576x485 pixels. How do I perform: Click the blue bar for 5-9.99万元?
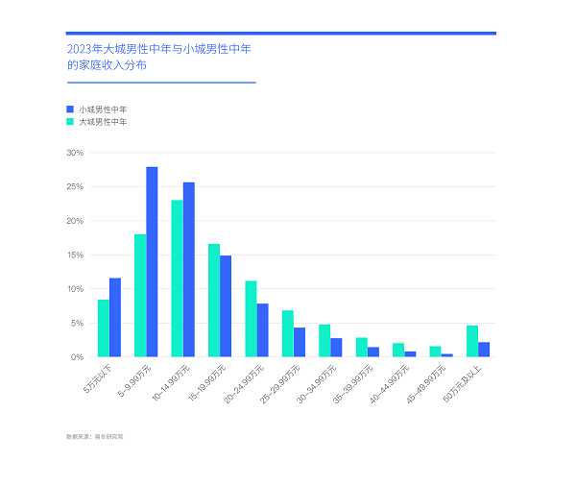tap(152, 262)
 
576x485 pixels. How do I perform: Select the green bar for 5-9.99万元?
tap(140, 296)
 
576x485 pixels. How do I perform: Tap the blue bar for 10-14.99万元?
tap(189, 270)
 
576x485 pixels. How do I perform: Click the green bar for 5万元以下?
tap(104, 328)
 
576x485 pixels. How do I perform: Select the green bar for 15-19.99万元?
tap(214, 301)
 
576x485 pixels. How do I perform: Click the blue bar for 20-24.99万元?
tap(262, 330)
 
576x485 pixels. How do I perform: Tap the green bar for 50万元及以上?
tap(471, 341)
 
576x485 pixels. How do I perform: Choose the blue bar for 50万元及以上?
tap(484, 350)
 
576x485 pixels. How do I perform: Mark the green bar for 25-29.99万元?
tap(287, 333)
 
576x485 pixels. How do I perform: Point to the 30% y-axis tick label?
tap(75, 153)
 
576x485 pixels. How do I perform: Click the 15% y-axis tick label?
tap(75, 255)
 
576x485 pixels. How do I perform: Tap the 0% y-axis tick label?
tap(77, 357)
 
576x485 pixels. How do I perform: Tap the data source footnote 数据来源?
tap(95, 437)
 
